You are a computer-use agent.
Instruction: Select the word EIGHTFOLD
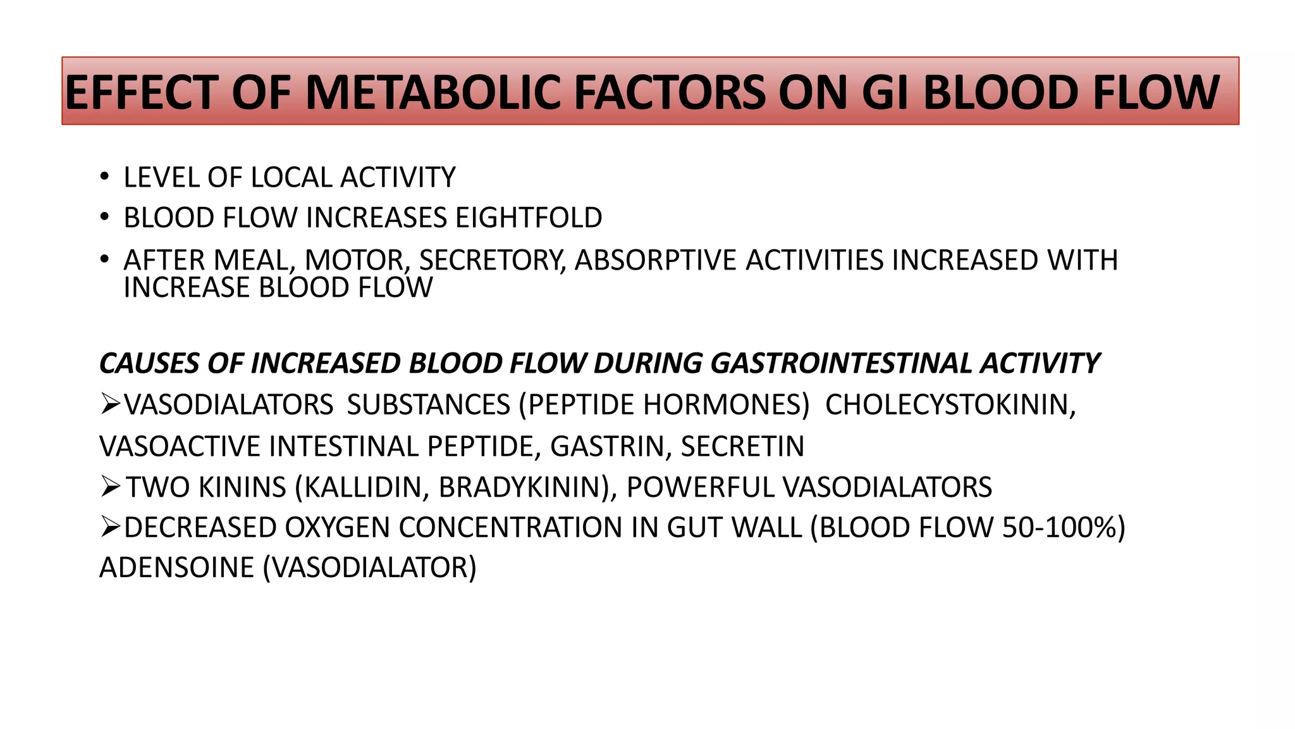(x=529, y=218)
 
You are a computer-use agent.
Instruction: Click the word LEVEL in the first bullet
(x=161, y=178)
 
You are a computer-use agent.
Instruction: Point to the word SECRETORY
(x=493, y=261)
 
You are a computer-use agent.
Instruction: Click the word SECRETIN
(x=742, y=447)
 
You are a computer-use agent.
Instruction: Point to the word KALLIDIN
(x=360, y=488)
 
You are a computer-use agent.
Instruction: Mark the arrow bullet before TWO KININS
(x=111, y=487)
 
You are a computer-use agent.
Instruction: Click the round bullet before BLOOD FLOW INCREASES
(x=104, y=218)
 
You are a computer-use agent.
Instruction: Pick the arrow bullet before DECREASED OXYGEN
(x=111, y=528)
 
